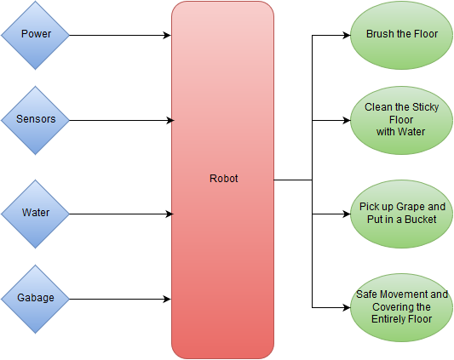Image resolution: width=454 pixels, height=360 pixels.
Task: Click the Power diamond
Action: click(x=35, y=35)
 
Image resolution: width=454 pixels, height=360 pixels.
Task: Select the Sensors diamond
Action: click(x=35, y=120)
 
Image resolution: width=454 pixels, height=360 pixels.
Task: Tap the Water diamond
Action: click(x=35, y=214)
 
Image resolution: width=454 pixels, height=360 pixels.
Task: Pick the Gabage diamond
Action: click(x=35, y=300)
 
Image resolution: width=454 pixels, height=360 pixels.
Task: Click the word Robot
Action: click(x=223, y=179)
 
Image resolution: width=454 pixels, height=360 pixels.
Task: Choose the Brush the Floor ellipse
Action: click(x=401, y=35)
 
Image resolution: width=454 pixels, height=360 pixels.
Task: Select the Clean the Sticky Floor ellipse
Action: click(x=401, y=120)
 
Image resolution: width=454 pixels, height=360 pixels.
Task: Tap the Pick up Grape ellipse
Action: click(x=401, y=214)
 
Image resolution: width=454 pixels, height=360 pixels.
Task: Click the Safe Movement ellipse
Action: click(x=401, y=307)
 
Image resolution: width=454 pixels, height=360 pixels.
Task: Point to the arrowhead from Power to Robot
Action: click(x=167, y=35)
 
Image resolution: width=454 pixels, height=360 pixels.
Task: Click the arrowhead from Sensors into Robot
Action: click(x=170, y=120)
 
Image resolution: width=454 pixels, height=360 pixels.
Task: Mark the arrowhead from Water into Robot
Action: click(x=170, y=214)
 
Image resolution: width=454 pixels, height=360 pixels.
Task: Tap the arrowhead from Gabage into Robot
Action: click(x=167, y=300)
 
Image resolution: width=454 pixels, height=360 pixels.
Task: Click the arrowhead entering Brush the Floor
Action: click(x=347, y=35)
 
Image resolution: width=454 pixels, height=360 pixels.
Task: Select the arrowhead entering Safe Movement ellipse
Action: click(x=347, y=307)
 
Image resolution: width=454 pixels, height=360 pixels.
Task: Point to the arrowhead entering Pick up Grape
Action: click(x=347, y=214)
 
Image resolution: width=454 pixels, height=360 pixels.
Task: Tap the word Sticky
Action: click(x=425, y=107)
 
